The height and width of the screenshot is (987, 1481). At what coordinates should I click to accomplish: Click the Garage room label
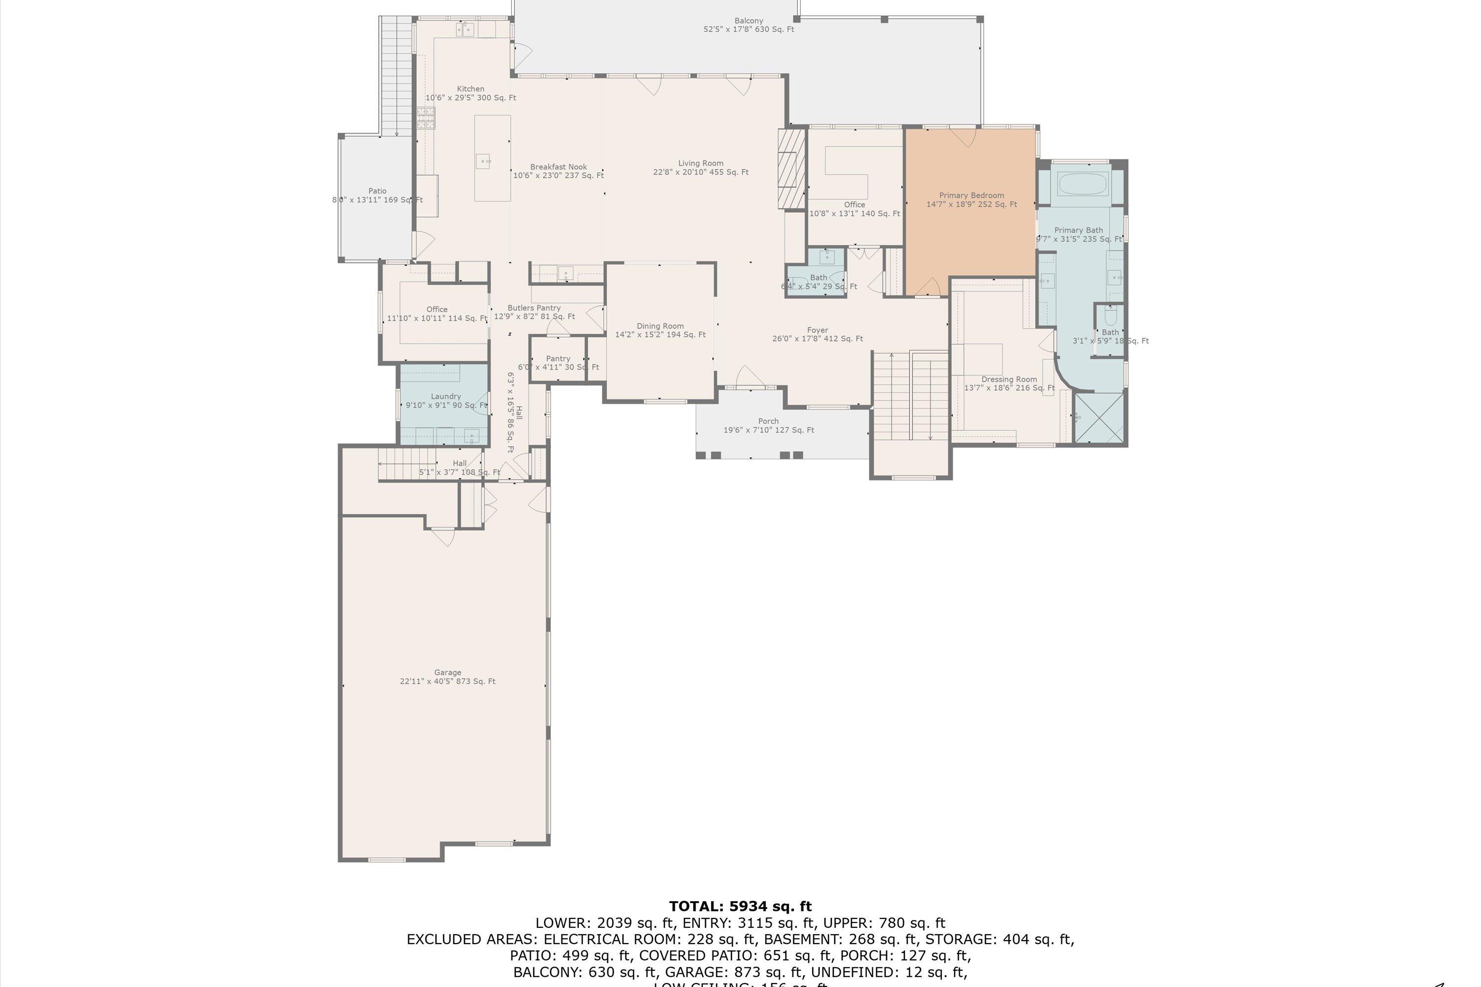pyautogui.click(x=447, y=677)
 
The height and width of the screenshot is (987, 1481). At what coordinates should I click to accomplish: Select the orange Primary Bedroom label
pyautogui.click(x=971, y=199)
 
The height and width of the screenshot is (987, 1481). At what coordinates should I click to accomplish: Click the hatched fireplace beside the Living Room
pyautogui.click(x=791, y=168)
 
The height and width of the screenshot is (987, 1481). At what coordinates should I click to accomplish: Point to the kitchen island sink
pyautogui.click(x=483, y=161)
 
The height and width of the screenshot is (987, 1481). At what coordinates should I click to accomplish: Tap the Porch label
pyautogui.click(x=768, y=425)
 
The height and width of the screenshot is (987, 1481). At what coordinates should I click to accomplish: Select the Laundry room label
pyautogui.click(x=446, y=401)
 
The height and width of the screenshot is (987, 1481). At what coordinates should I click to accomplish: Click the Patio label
pyautogui.click(x=377, y=195)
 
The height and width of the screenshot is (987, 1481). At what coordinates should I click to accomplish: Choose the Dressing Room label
pyautogui.click(x=1009, y=383)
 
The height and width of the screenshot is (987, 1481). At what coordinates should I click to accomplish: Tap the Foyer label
pyautogui.click(x=818, y=334)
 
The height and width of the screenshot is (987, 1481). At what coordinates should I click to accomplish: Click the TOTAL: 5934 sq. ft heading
pyautogui.click(x=740, y=907)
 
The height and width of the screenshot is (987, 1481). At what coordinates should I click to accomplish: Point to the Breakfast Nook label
pyautogui.click(x=558, y=171)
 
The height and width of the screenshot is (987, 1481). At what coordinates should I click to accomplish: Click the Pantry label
pyautogui.click(x=558, y=363)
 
